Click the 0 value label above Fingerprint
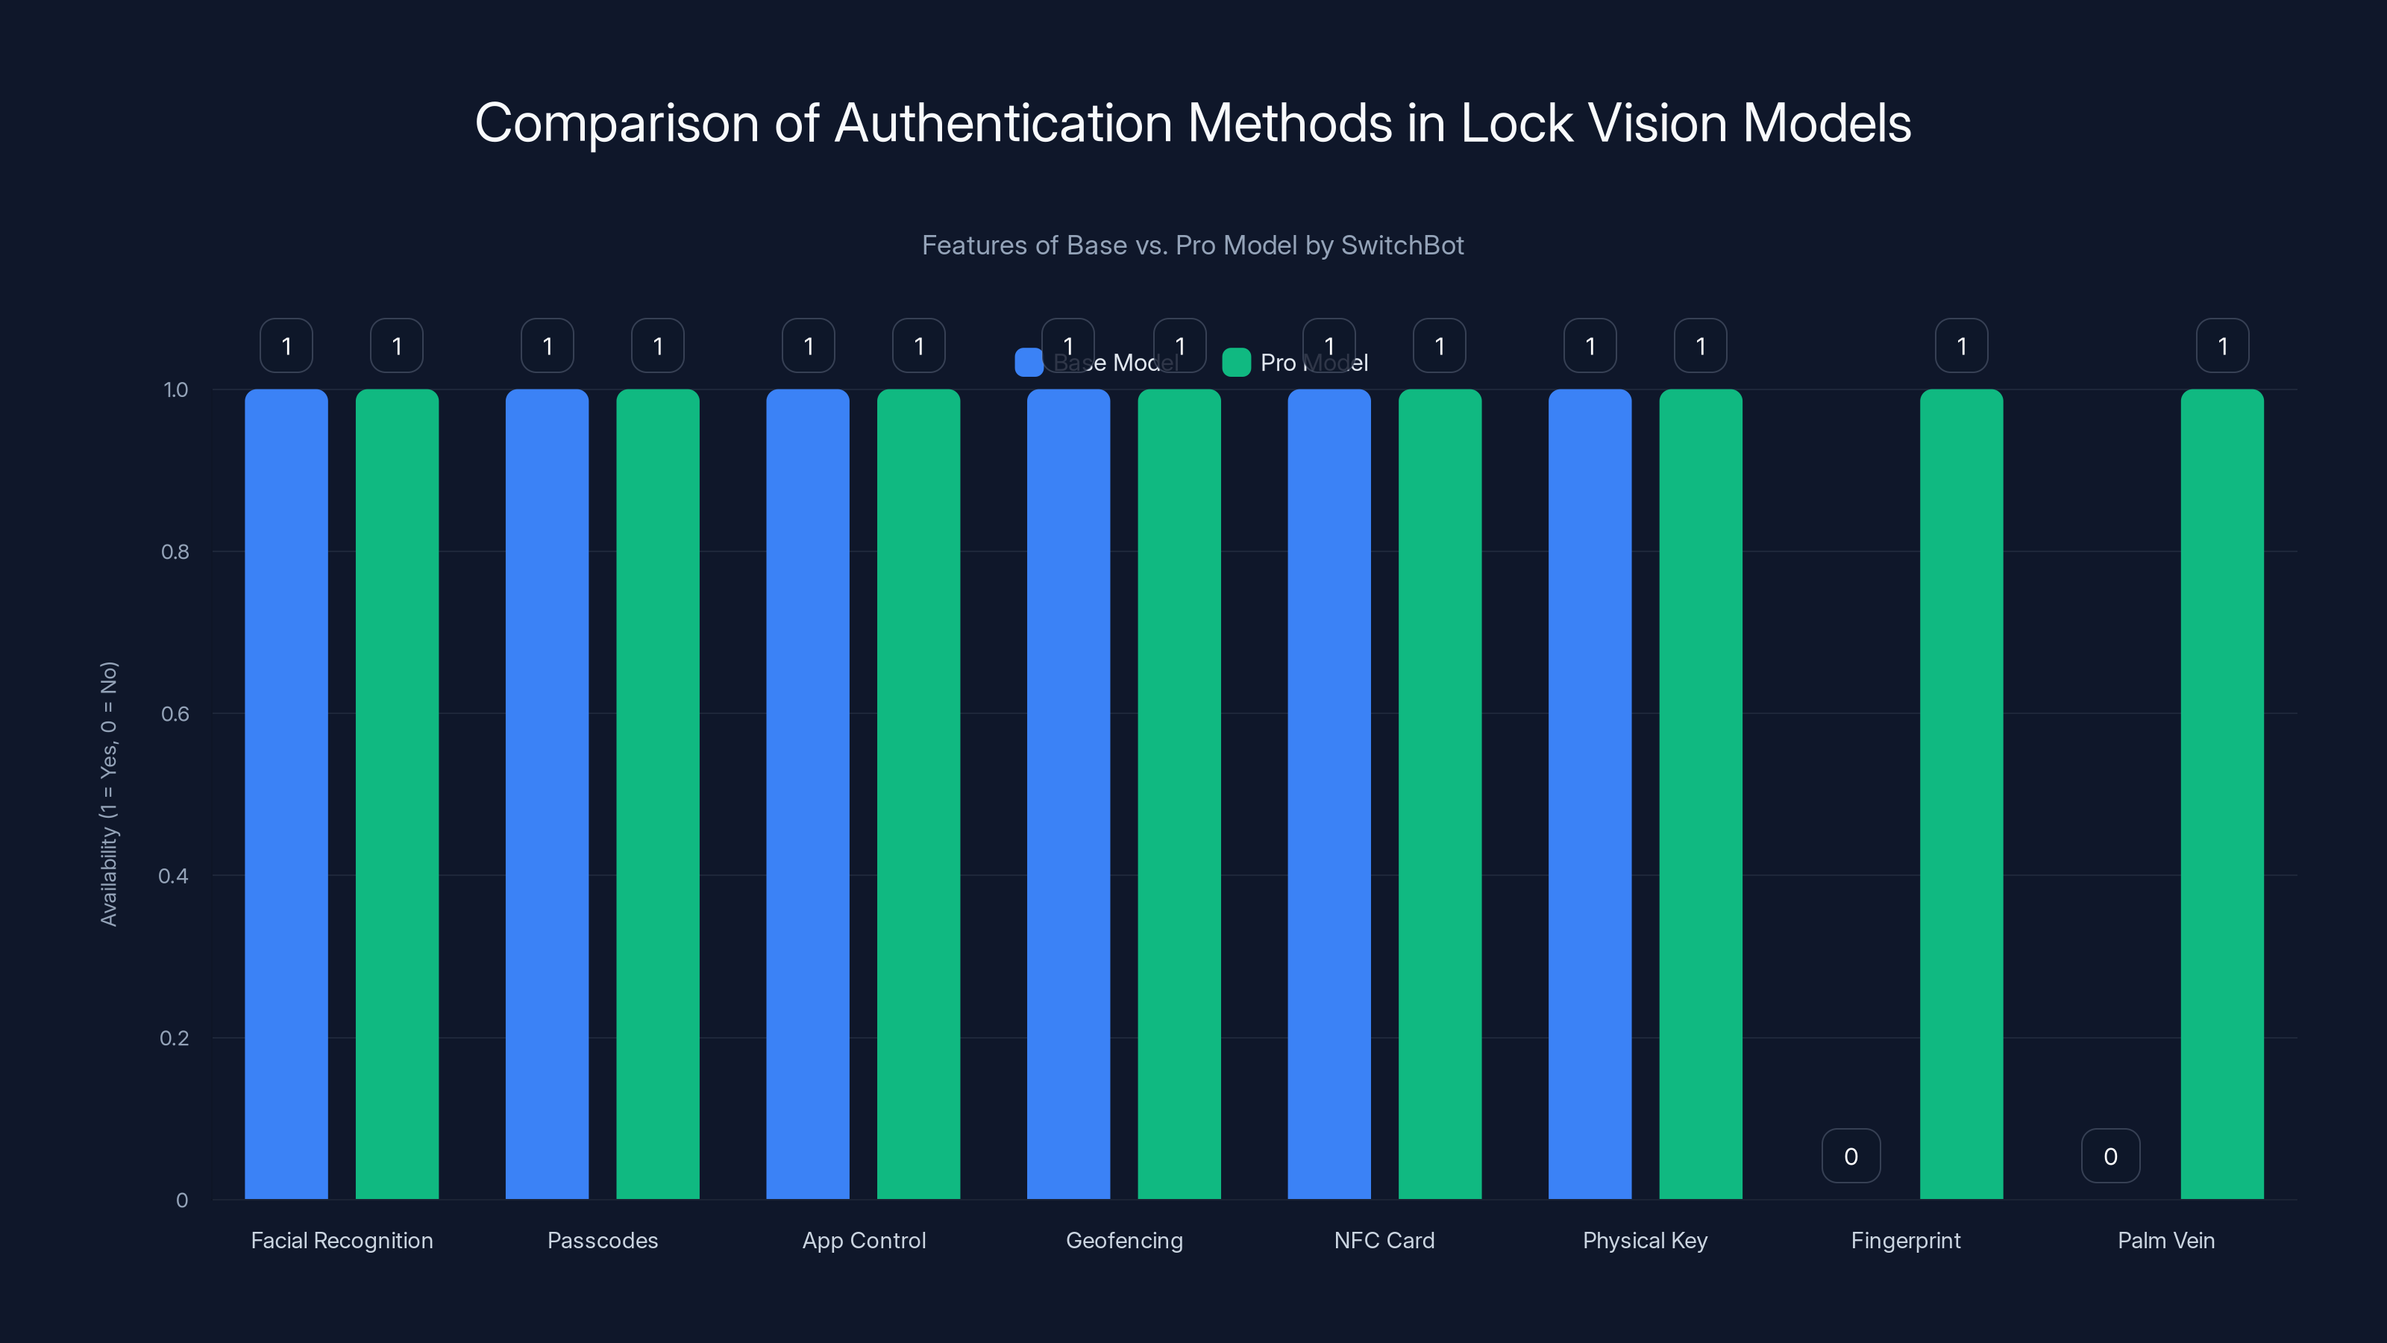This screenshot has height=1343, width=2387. (1851, 1156)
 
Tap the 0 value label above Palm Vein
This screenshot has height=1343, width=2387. (2111, 1156)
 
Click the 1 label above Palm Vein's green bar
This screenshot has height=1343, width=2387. (2222, 345)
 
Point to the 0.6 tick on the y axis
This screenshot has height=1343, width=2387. (175, 714)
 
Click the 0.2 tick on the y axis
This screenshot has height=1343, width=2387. (175, 1038)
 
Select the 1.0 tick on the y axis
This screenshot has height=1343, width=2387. (175, 390)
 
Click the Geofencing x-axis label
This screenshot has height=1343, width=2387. (1124, 1240)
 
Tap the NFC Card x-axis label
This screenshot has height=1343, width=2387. (1384, 1240)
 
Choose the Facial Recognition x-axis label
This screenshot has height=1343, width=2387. (342, 1240)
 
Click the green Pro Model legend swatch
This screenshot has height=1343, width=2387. (1236, 363)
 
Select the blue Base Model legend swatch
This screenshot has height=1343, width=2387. (1029, 363)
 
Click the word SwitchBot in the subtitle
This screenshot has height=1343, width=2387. (1402, 245)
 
